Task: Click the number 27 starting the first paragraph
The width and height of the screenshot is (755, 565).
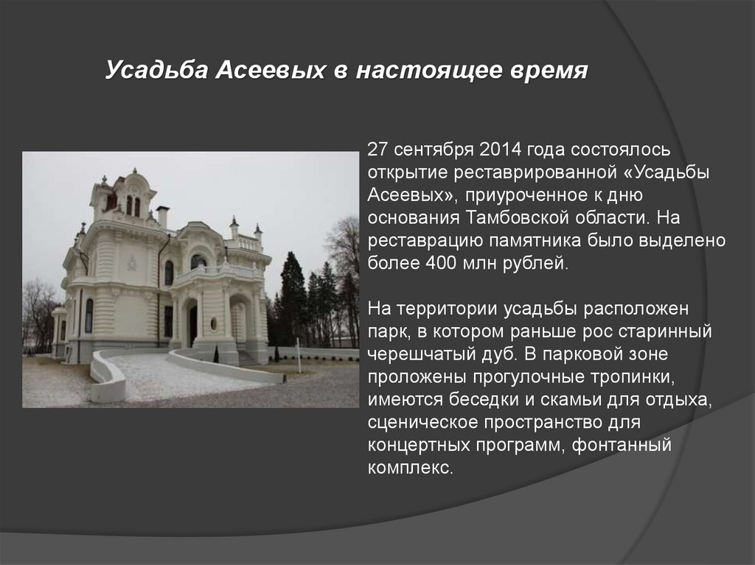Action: click(x=377, y=151)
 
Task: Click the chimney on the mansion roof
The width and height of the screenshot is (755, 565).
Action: click(x=162, y=216)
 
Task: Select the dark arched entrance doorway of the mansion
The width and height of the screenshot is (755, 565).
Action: click(x=192, y=324)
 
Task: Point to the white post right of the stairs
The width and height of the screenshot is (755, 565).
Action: click(x=298, y=355)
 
